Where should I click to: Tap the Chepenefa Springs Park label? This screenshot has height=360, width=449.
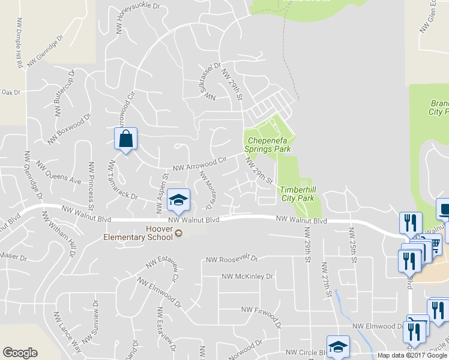[x=268, y=145]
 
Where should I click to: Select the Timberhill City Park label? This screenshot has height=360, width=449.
[x=297, y=193]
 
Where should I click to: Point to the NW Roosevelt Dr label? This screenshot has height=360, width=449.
[x=231, y=260]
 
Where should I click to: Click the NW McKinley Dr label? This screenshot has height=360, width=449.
[x=247, y=277]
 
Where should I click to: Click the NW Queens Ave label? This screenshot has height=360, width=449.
[x=58, y=172]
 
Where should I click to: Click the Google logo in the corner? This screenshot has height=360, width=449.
[x=20, y=353]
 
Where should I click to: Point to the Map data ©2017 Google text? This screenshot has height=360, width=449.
[x=412, y=355]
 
